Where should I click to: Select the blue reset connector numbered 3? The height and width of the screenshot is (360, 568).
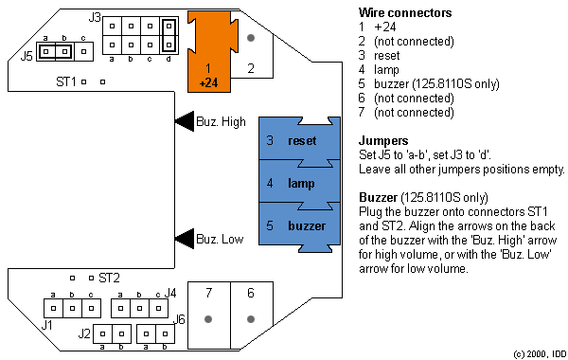coord(293,140)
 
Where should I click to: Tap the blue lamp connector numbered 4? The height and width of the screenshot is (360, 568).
coord(293,182)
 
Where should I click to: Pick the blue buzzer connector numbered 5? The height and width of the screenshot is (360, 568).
coord(293,225)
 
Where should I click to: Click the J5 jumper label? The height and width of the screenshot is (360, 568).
coord(27,56)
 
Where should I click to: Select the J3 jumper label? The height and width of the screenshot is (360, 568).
coord(95,17)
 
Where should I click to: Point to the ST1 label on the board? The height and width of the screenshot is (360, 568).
coord(64,82)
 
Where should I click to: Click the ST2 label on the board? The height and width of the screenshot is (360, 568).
coord(109,278)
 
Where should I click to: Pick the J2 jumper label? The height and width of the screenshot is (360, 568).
coord(84,333)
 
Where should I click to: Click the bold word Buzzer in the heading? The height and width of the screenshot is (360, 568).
coord(379,197)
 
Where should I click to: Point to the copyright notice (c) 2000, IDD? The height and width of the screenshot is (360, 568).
coord(535,352)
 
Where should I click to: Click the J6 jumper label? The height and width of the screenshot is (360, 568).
coord(180,319)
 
